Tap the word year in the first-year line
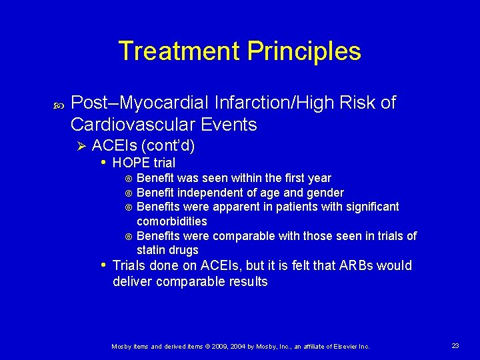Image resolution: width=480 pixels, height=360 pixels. pyautogui.click(x=319, y=178)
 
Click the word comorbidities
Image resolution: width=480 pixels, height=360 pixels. pyautogui.click(x=171, y=221)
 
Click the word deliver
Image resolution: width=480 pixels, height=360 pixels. pyautogui.click(x=133, y=282)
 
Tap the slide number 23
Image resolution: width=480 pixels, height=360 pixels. pyautogui.click(x=455, y=345)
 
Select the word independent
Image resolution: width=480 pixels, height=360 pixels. pyautogui.click(x=203, y=193)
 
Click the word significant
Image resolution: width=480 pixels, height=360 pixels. pyautogui.click(x=370, y=207)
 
